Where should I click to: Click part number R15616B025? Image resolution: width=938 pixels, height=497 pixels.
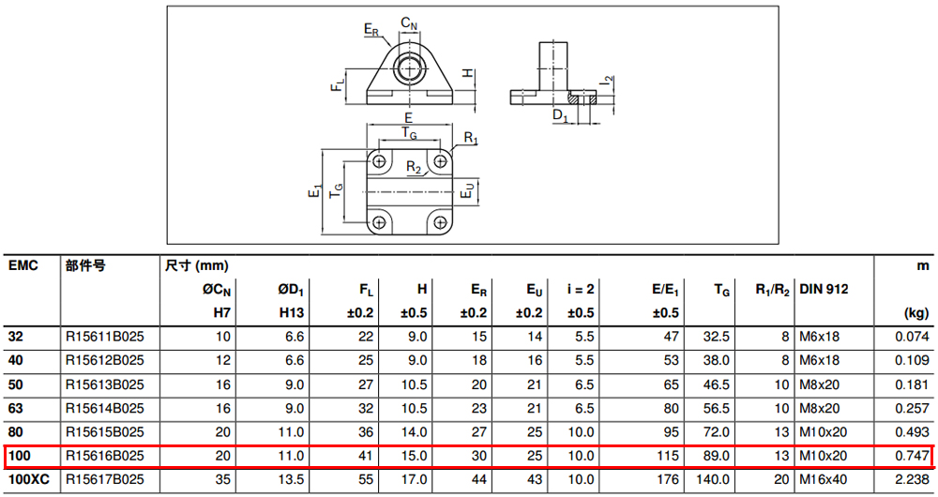tap(105, 457)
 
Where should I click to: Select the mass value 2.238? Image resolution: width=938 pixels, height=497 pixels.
tap(913, 480)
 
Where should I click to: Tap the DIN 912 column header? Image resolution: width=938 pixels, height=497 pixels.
tap(824, 290)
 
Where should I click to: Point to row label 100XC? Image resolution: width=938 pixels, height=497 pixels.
tap(29, 480)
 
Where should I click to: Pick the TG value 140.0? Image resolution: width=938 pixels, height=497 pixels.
tap(713, 480)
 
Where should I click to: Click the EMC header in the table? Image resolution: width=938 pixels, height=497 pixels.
tap(23, 265)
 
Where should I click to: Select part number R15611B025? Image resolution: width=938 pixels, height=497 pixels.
tap(105, 337)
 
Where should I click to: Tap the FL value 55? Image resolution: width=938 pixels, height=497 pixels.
tap(366, 480)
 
